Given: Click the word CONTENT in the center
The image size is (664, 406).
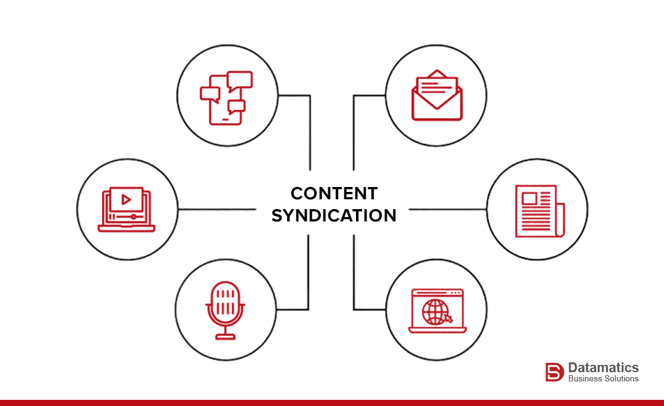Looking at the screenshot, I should pyautogui.click(x=334, y=193).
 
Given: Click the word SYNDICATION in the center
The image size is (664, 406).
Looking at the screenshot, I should pyautogui.click(x=334, y=216).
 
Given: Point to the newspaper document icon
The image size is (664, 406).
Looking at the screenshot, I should pyautogui.click(x=539, y=211).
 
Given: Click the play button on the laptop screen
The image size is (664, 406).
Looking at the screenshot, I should pyautogui.click(x=126, y=199).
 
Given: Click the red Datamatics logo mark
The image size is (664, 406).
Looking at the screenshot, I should pyautogui.click(x=554, y=372).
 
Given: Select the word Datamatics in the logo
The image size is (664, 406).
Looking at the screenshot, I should pyautogui.click(x=603, y=367).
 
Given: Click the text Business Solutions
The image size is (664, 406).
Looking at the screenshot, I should pyautogui.click(x=603, y=378).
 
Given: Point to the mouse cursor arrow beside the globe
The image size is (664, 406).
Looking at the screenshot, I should pyautogui.click(x=448, y=318).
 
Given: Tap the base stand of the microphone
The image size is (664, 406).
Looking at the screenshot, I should pyautogui.click(x=225, y=336).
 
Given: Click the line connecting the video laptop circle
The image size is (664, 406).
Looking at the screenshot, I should pyautogui.click(x=215, y=209).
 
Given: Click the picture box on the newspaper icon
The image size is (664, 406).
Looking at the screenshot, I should pyautogui.click(x=528, y=198).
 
